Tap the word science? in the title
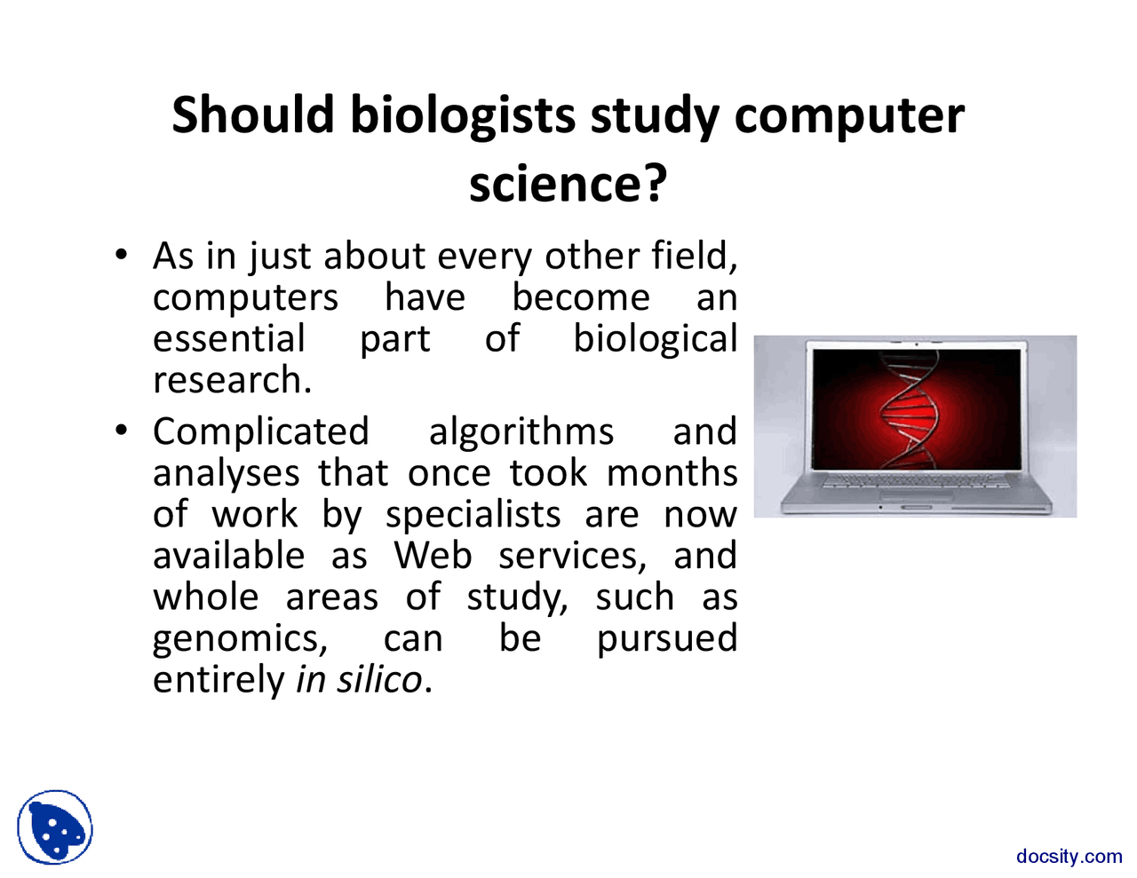coord(568,183)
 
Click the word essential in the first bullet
coord(229,338)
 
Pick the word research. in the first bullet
coord(232,380)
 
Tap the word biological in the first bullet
coord(655,338)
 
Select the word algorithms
coord(521,431)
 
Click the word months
coord(672,472)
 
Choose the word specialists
coord(473,515)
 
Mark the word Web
coord(433,556)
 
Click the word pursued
coord(666,638)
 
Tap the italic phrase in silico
coord(359,680)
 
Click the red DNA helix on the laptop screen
coord(909,411)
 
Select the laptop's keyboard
coord(915,484)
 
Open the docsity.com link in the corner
coord(1069,857)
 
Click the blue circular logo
coord(55,827)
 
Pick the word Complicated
coord(260,431)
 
